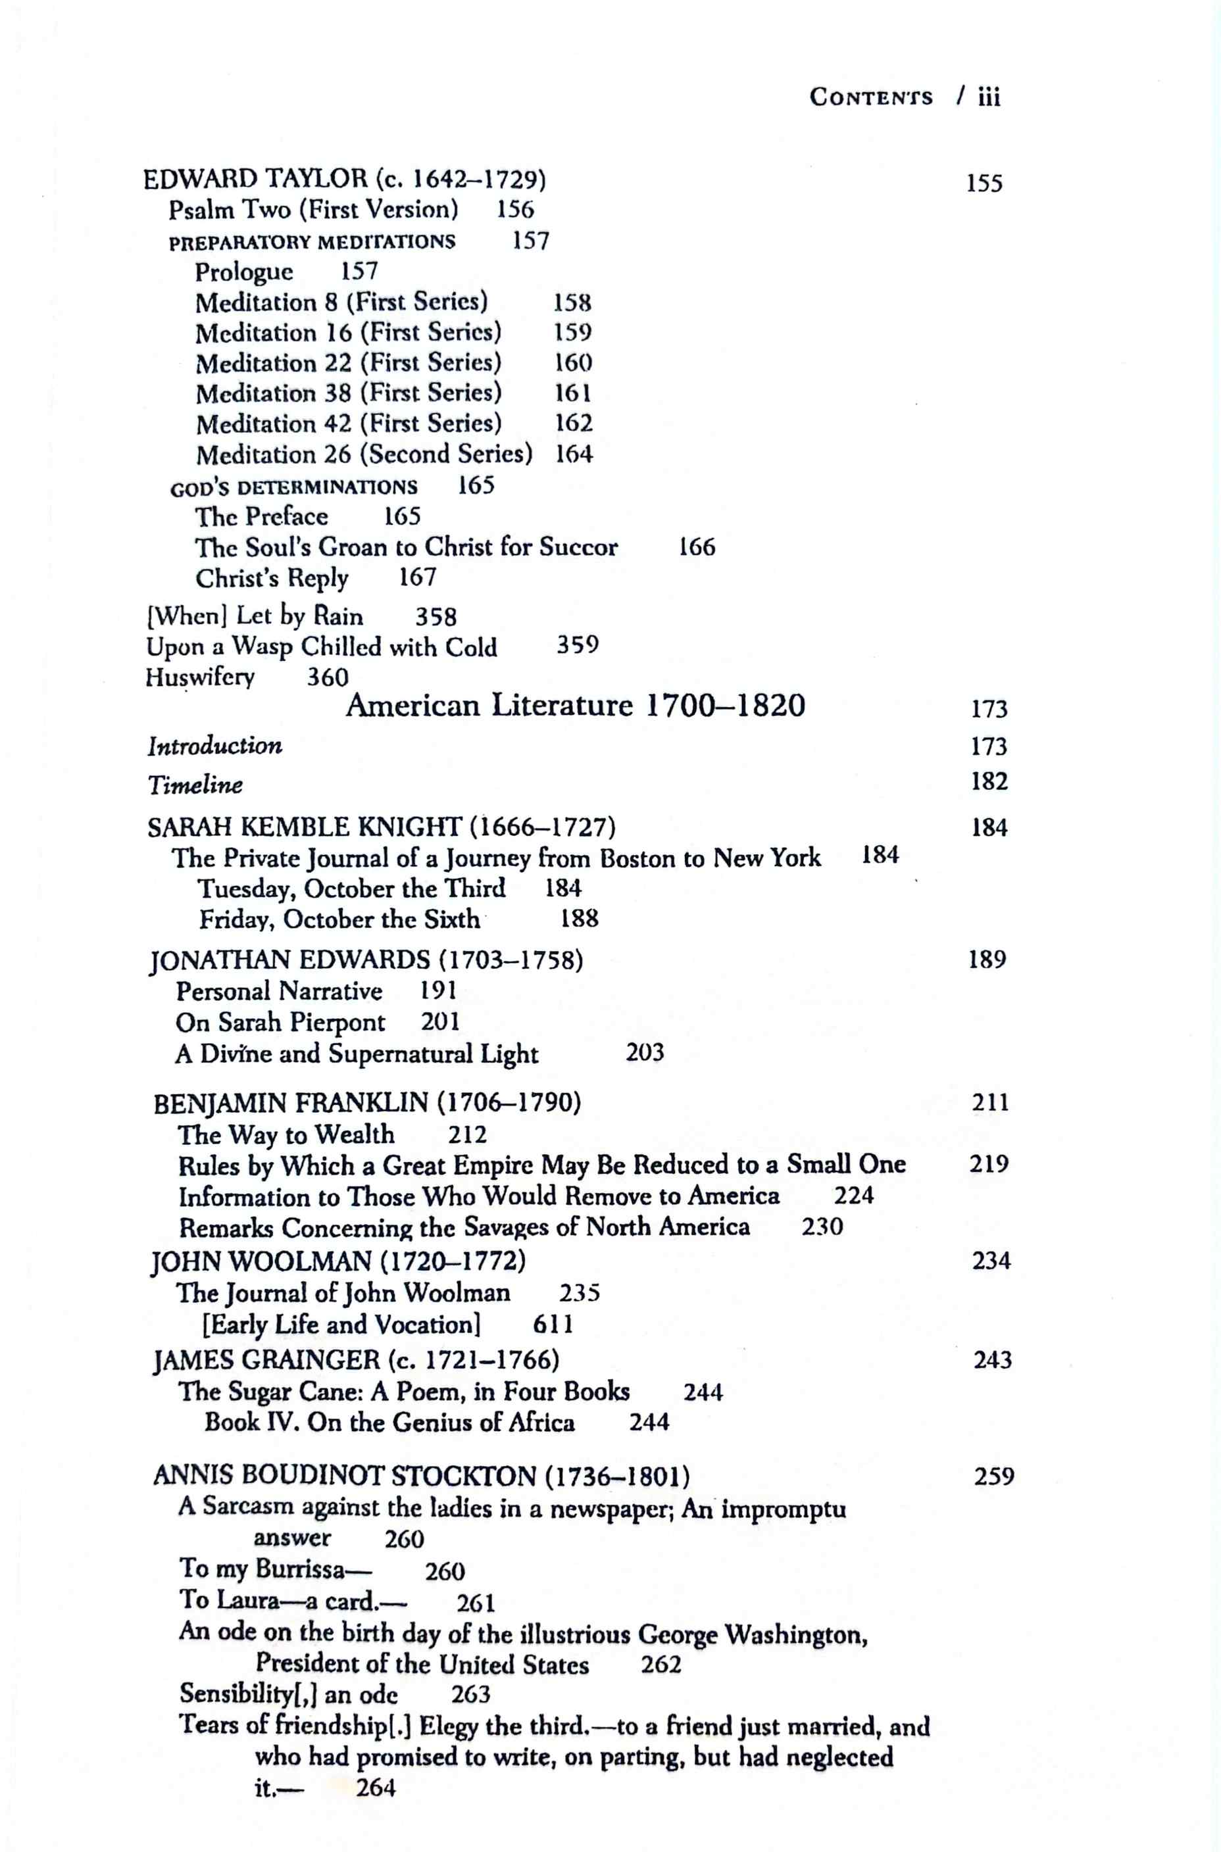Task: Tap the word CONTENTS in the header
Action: (x=870, y=97)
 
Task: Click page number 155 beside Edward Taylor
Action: (x=984, y=183)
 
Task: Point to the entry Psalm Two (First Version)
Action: (x=313, y=210)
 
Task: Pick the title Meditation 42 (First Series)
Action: (x=348, y=424)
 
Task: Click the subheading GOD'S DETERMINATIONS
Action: (x=293, y=488)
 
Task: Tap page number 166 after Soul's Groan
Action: (x=696, y=547)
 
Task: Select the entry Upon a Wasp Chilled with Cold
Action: (x=321, y=647)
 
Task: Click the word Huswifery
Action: (x=200, y=677)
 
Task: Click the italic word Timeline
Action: (x=195, y=785)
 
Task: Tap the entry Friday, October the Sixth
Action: (x=339, y=919)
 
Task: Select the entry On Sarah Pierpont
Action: (x=280, y=1022)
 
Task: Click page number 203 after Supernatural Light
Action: (x=645, y=1054)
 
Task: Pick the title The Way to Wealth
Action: (x=285, y=1134)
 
